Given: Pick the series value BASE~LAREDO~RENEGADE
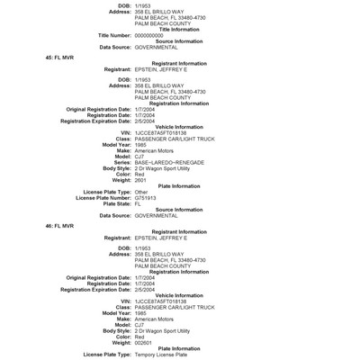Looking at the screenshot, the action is [167, 161].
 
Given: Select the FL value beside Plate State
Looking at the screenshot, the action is [139, 203].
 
